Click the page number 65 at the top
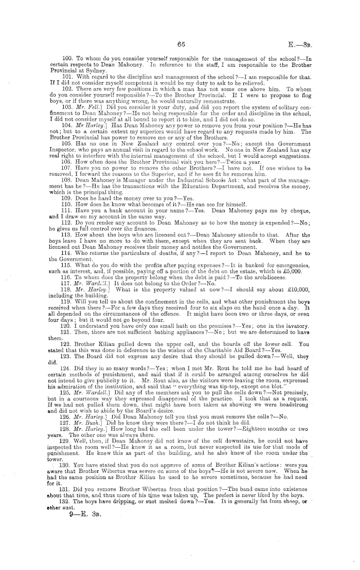(x=180, y=44)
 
